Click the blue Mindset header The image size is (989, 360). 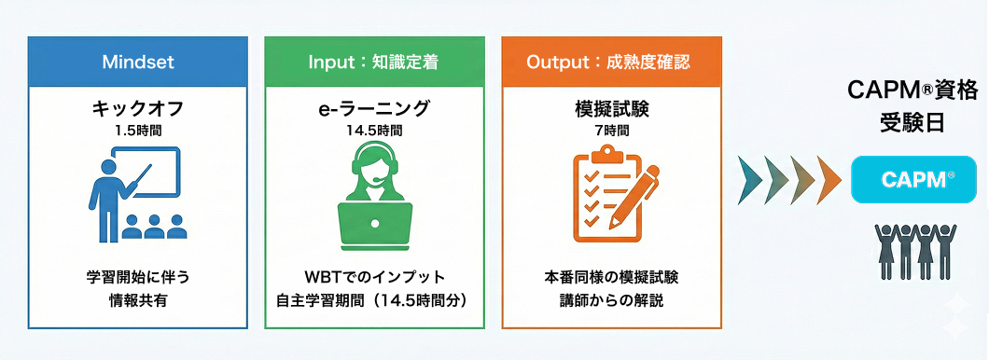tap(137, 62)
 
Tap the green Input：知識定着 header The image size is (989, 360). tap(375, 62)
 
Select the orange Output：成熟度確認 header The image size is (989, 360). tap(611, 62)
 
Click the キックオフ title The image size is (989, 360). tap(137, 109)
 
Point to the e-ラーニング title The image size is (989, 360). tap(375, 109)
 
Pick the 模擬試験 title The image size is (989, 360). tap(611, 109)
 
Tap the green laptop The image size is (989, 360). tap(375, 225)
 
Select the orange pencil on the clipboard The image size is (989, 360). tap(631, 199)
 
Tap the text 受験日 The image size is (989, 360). tap(912, 122)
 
